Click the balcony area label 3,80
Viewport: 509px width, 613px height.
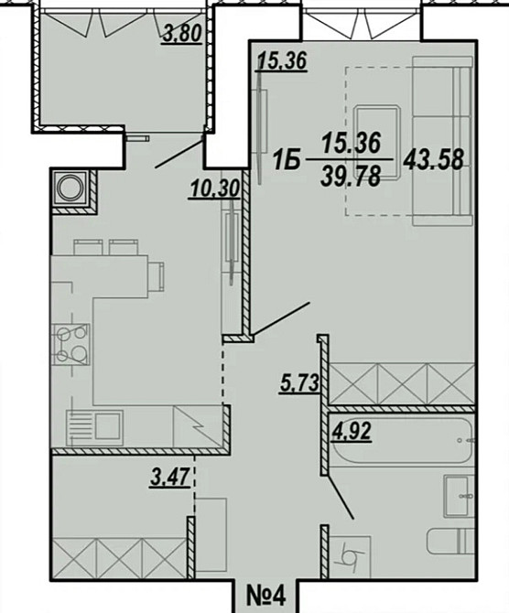coord(182,36)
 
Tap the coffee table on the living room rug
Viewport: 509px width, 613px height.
coord(375,137)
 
